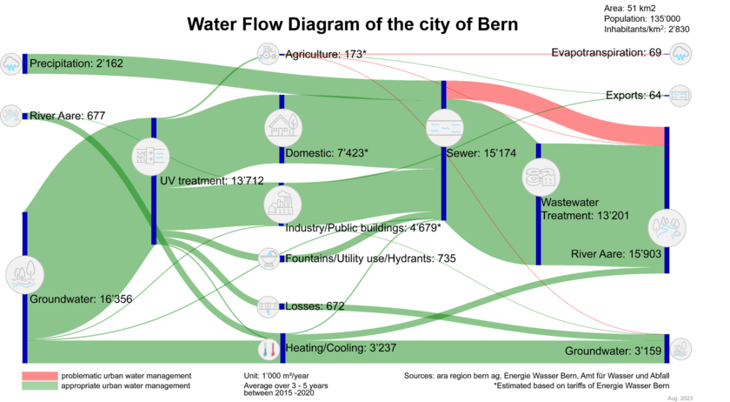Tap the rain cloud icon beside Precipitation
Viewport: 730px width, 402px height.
click(x=11, y=63)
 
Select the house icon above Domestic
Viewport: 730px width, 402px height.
click(x=283, y=127)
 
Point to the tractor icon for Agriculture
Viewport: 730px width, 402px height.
click(x=268, y=52)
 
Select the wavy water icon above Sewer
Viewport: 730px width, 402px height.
click(x=444, y=128)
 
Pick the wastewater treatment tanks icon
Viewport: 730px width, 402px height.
click(x=541, y=178)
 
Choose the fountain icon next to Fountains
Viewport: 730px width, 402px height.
click(x=269, y=258)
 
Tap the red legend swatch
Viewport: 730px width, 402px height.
click(x=40, y=375)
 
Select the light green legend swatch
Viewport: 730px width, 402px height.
click(x=40, y=385)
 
